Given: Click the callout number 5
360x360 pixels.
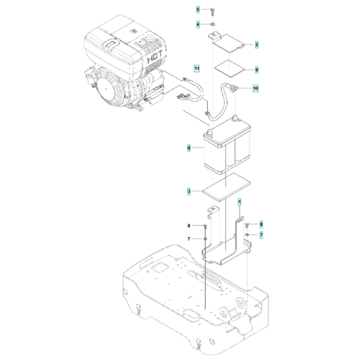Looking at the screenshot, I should pyautogui.click(x=199, y=10).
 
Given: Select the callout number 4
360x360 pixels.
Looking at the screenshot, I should pyautogui.click(x=199, y=24).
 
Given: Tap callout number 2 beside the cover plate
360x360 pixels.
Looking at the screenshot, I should pyautogui.click(x=256, y=45).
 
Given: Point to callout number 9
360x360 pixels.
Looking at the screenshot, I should pyautogui.click(x=256, y=69).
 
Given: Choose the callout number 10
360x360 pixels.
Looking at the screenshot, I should pyautogui.click(x=256, y=88).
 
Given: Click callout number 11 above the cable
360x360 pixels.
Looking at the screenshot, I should pyautogui.click(x=198, y=68).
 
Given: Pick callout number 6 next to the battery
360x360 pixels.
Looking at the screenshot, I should pyautogui.click(x=189, y=148).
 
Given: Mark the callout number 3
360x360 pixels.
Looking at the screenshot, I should pyautogui.click(x=189, y=191).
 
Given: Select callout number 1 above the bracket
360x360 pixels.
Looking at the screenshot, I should pyautogui.click(x=240, y=202).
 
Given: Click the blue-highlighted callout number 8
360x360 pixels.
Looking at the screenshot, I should pyautogui.click(x=262, y=224).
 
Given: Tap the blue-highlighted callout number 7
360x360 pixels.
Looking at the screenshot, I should pyautogui.click(x=262, y=235).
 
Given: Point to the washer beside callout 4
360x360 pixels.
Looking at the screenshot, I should pyautogui.click(x=212, y=24).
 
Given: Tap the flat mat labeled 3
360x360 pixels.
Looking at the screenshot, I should pyautogui.click(x=225, y=186).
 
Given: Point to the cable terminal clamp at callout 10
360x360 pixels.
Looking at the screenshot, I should pyautogui.click(x=231, y=89).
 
